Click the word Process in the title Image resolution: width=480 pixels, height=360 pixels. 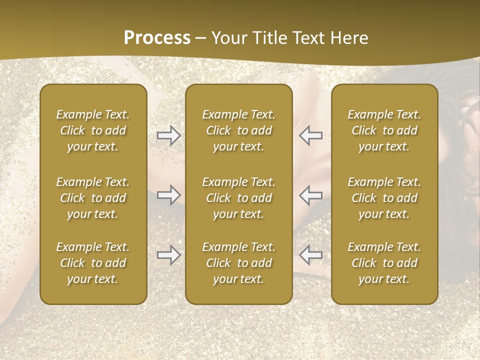coord(157,38)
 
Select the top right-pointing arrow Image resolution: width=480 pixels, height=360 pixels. coord(168,135)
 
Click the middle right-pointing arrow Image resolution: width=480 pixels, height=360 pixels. coord(168,195)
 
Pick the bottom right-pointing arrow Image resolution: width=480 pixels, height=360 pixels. coord(168,255)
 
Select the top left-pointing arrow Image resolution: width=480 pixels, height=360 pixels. coord(310,135)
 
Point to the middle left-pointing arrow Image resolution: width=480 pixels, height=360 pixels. coord(310,195)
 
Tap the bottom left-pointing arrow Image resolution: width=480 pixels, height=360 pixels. coord(310,255)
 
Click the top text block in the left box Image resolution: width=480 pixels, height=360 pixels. coord(93,130)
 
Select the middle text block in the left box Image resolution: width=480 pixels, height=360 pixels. coord(93,198)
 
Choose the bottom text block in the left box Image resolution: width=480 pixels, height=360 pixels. coord(93,263)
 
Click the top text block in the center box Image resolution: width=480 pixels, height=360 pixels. coord(239,130)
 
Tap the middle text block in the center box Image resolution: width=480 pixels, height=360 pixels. coord(239,198)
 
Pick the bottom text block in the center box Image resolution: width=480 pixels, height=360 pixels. coord(239,263)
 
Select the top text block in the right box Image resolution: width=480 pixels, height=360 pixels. coord(384,130)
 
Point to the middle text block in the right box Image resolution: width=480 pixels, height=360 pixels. coord(384,198)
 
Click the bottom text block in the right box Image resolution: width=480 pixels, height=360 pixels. coord(384,263)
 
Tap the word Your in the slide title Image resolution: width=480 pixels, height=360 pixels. coord(228,38)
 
